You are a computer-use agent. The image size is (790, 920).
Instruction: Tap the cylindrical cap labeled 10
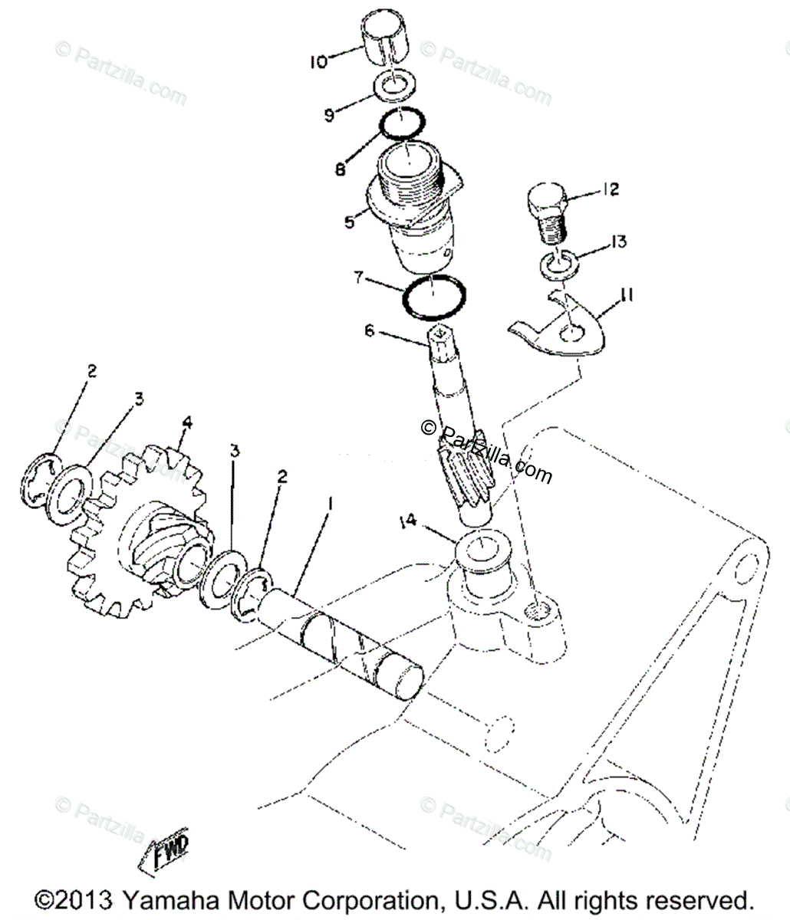pyautogui.click(x=387, y=38)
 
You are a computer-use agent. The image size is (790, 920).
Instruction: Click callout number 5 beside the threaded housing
pyautogui.click(x=349, y=222)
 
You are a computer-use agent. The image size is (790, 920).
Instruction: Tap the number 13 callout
pyautogui.click(x=617, y=242)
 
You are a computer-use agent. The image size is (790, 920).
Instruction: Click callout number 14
pyautogui.click(x=407, y=521)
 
